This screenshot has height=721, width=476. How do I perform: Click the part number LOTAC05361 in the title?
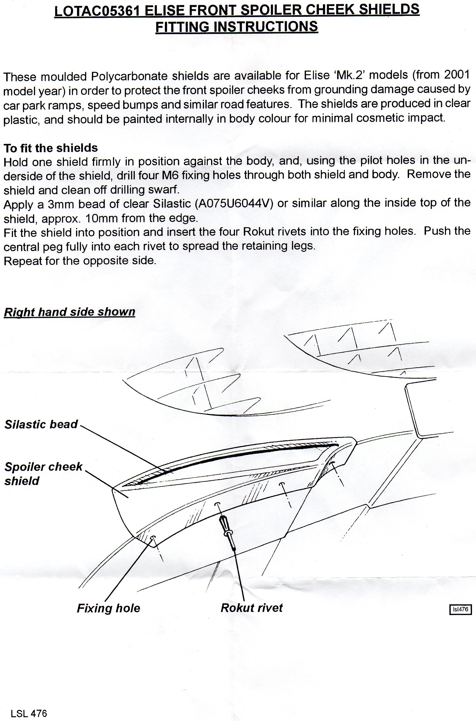[x=97, y=11]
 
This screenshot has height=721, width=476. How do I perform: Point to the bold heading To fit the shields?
[x=51, y=148]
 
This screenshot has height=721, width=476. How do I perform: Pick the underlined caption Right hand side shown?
[x=69, y=312]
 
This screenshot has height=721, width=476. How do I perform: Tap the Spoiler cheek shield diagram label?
[x=43, y=473]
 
